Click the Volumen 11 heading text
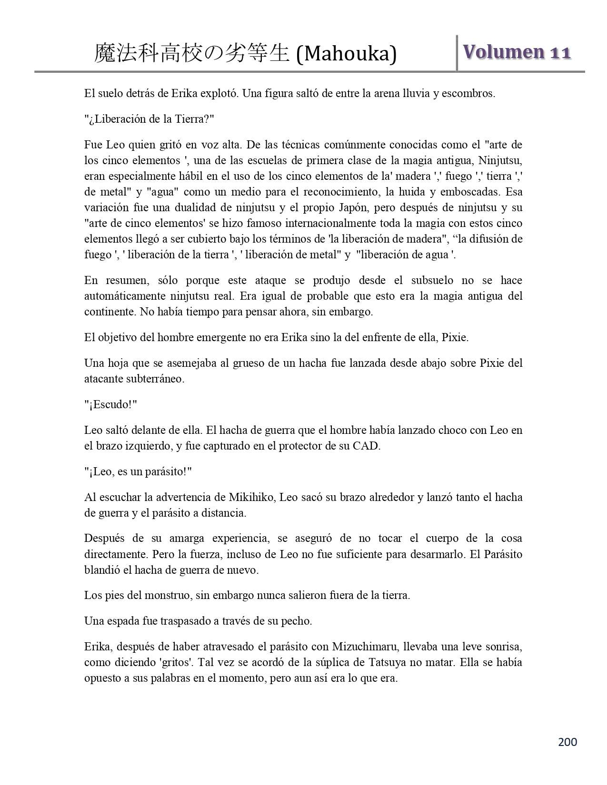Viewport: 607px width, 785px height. click(516, 52)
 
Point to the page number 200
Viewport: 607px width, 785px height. click(567, 742)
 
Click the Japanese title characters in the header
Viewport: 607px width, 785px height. click(192, 53)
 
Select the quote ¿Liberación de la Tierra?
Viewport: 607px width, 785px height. click(149, 119)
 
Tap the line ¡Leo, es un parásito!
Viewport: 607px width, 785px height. click(138, 471)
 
